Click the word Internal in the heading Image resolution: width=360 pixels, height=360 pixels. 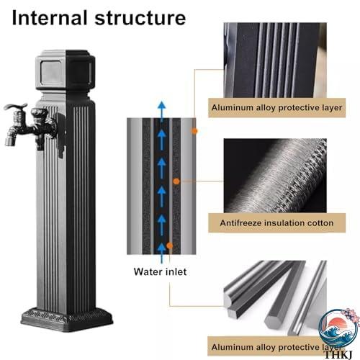tap(50, 18)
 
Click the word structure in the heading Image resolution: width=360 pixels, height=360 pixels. tap(140, 19)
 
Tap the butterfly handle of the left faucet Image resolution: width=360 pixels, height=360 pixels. tap(16, 107)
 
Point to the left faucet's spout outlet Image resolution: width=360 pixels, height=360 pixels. tap(10, 141)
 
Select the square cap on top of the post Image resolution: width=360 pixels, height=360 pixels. tap(66, 70)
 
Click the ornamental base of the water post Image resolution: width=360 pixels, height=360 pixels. tap(67, 319)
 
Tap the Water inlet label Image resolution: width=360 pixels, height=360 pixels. tap(160, 271)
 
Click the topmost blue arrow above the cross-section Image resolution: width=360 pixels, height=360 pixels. tap(162, 110)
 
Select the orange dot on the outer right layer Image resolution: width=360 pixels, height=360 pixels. tap(194, 131)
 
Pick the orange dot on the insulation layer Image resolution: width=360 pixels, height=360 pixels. tap(176, 181)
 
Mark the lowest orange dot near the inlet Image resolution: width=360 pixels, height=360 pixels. tap(170, 246)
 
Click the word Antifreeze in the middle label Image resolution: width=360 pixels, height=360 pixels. tap(240, 223)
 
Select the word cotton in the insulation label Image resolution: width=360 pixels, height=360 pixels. tap(320, 223)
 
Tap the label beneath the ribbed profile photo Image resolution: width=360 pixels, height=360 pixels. tap(276, 107)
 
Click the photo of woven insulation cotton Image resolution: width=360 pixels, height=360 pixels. tap(275, 176)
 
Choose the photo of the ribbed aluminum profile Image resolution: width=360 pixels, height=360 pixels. tap(275, 60)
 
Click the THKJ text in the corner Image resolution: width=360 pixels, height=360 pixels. tap(338, 354)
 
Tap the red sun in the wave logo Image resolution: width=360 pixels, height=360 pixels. tap(339, 323)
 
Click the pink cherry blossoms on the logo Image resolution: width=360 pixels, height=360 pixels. tap(349, 315)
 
